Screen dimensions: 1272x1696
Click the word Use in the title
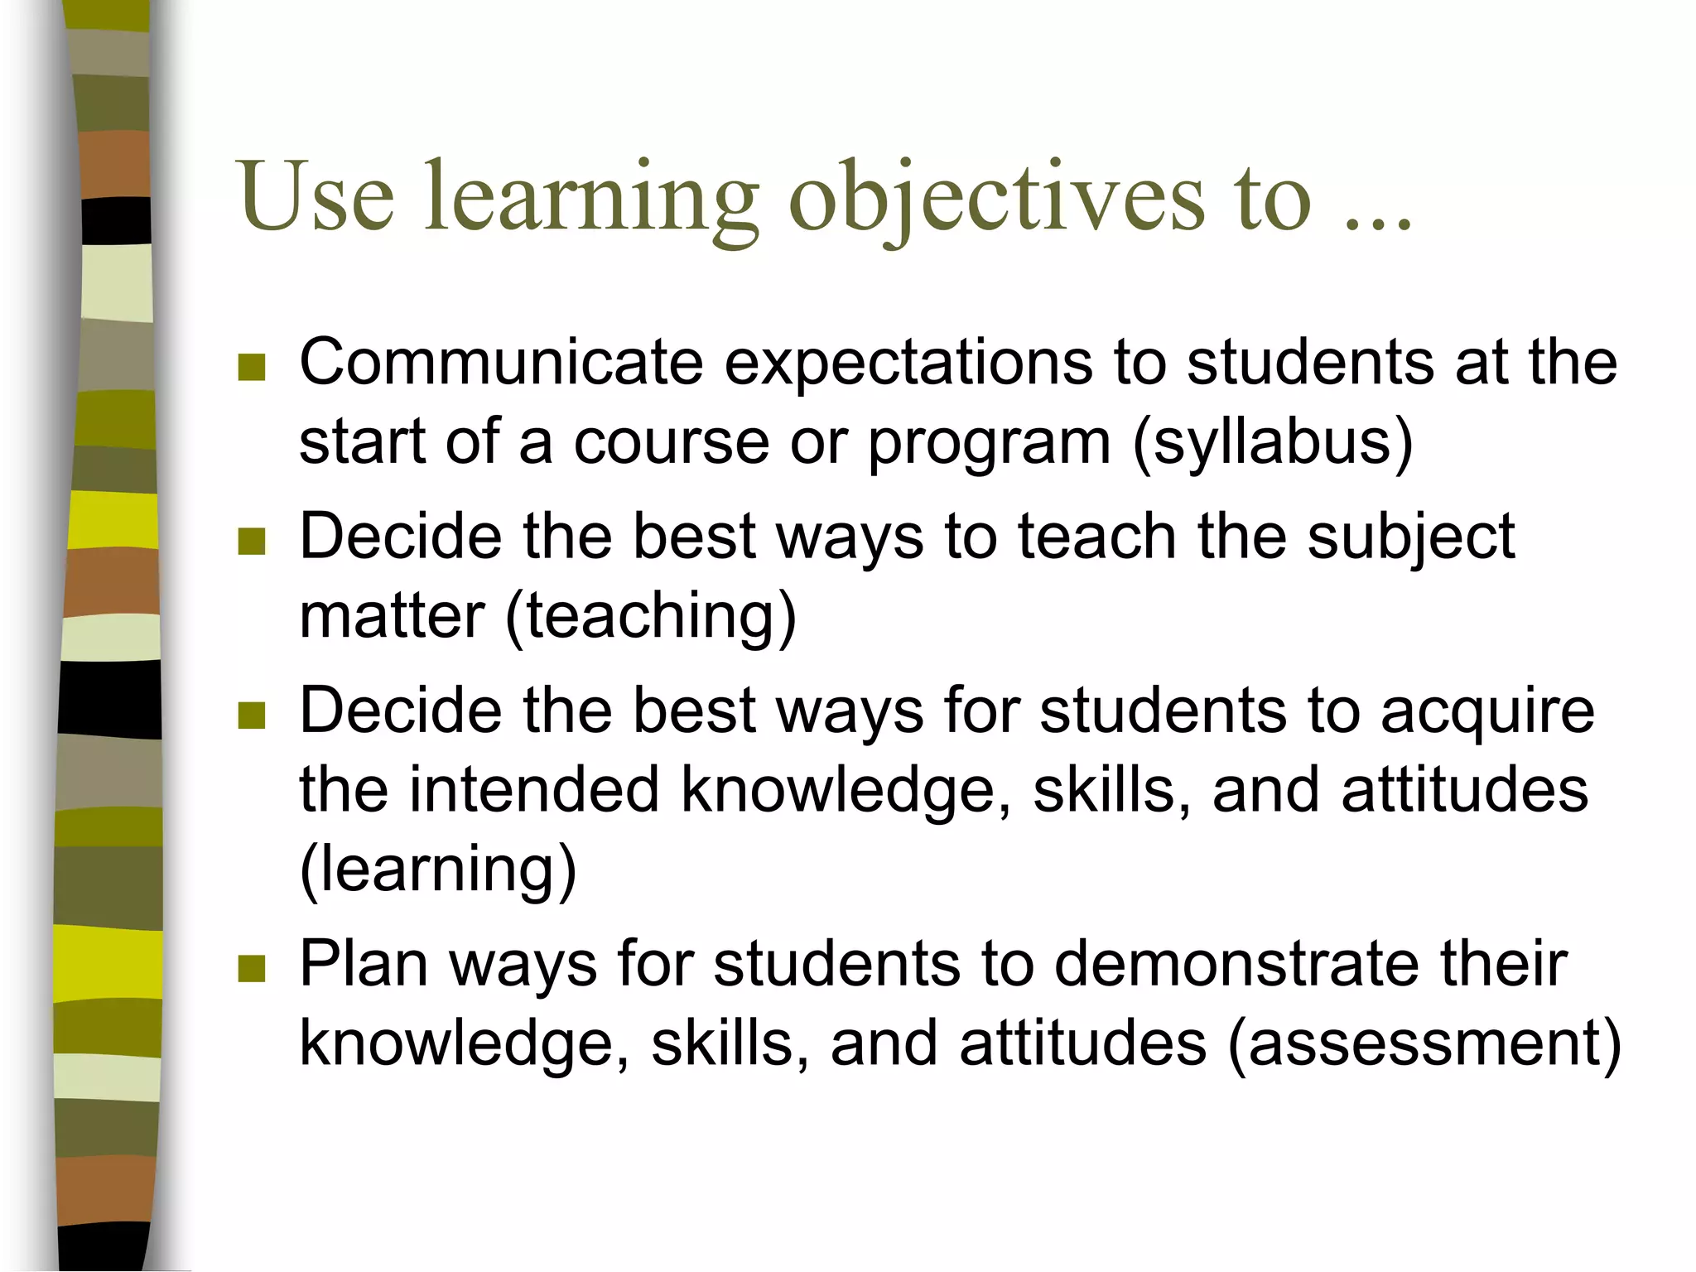[315, 196]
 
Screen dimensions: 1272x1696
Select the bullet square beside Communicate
[251, 367]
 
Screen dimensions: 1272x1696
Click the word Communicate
[500, 363]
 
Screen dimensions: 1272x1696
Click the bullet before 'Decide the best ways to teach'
[251, 542]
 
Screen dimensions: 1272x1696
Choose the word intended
[534, 789]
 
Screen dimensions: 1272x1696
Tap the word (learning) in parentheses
[437, 870]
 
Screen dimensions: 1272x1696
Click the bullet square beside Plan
[251, 968]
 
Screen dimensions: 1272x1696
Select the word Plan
[364, 966]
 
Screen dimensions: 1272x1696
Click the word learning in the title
[591, 199]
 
